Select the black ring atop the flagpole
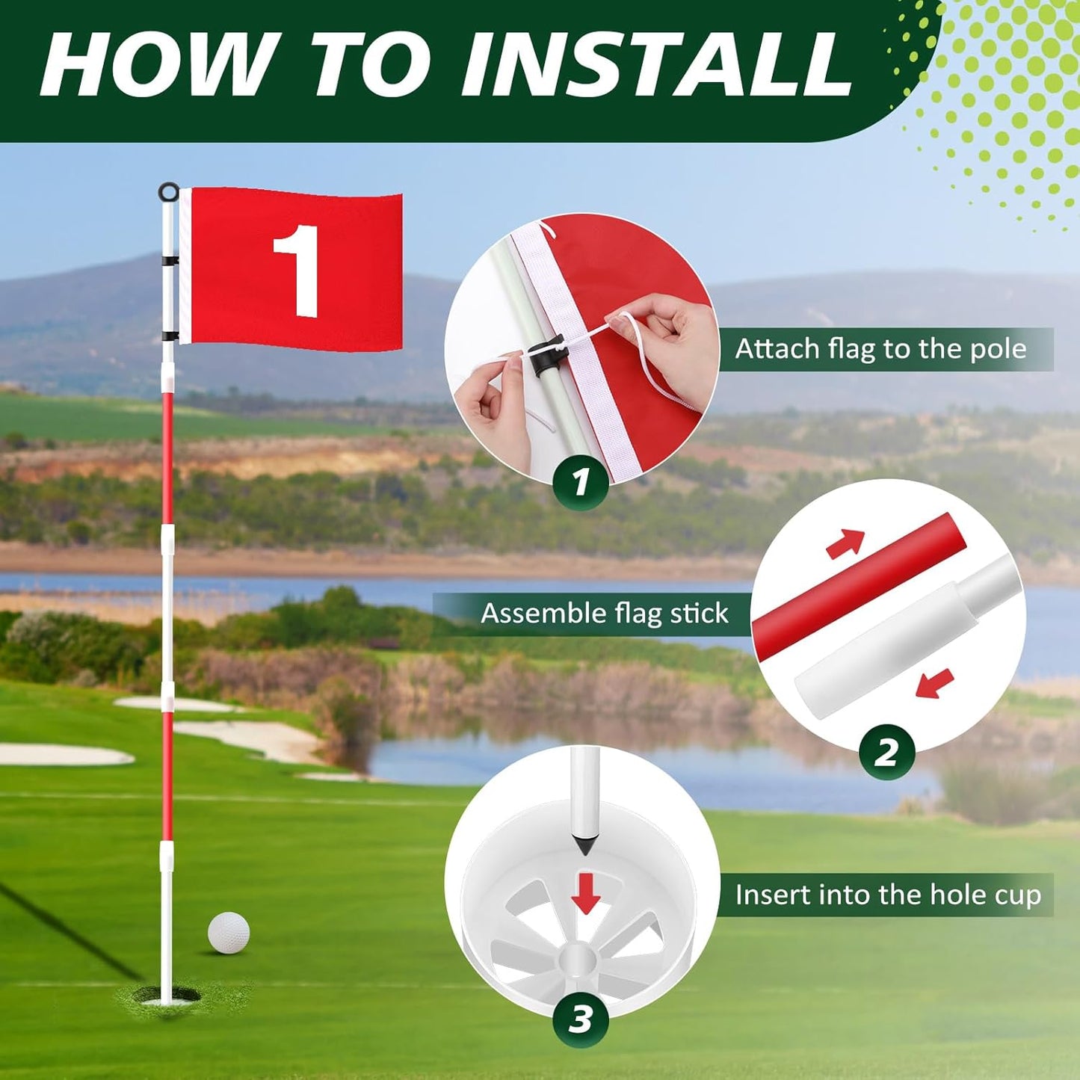[169, 192]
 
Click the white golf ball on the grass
[229, 932]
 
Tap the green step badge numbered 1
[581, 482]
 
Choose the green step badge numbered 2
[886, 752]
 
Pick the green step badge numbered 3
[581, 1019]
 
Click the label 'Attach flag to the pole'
[880, 349]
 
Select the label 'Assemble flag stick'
[604, 614]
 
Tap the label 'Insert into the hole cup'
[888, 895]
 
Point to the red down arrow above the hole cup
[585, 892]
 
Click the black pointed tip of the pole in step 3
[584, 845]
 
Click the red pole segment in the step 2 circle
[860, 587]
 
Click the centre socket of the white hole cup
[578, 958]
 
